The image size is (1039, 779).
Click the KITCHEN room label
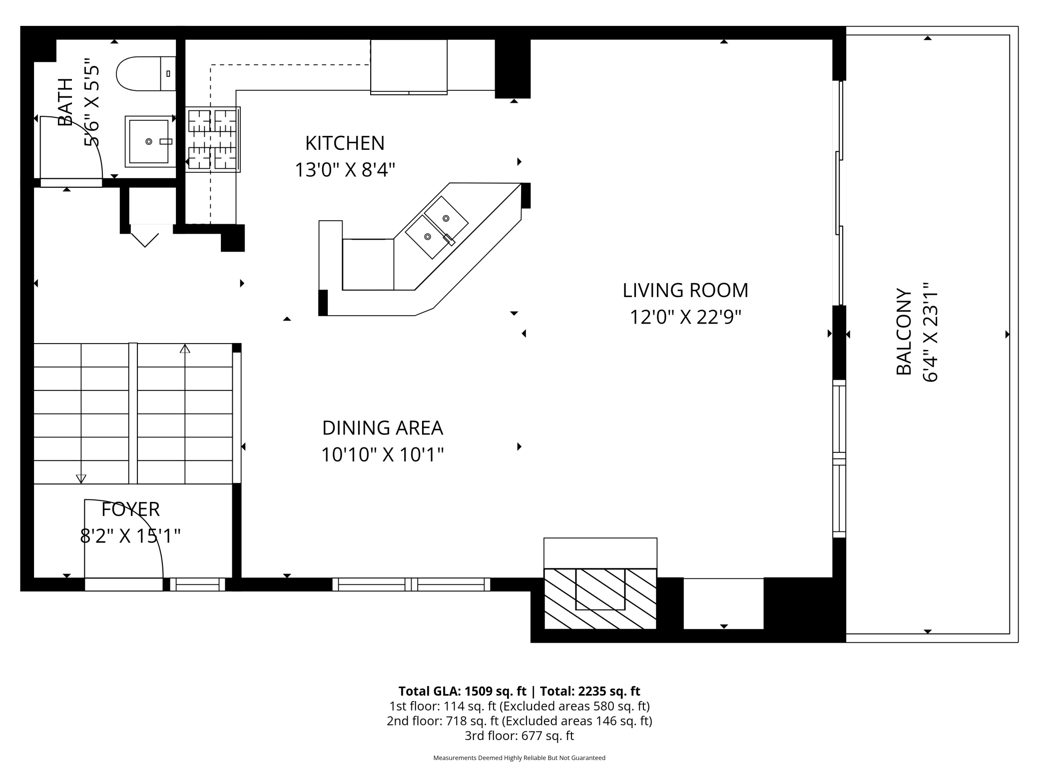(345, 143)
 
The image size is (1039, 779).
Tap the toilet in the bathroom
(142, 74)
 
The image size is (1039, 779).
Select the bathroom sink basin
(148, 142)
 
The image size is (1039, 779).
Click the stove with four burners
(212, 140)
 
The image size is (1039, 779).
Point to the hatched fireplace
(599, 598)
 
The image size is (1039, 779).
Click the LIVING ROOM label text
(685, 290)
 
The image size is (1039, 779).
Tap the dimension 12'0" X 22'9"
(685, 317)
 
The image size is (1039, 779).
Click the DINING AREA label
(382, 428)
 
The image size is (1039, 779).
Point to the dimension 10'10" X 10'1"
(382, 455)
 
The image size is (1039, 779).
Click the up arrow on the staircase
(185, 349)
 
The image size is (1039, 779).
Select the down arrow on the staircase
(81, 478)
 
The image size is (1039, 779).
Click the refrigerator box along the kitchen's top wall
(409, 66)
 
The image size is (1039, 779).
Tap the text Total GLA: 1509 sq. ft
(462, 691)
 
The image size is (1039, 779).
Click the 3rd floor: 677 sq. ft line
(519, 736)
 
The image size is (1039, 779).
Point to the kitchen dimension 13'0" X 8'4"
(345, 170)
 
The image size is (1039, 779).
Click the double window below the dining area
(411, 584)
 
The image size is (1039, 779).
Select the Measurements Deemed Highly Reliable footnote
(519, 758)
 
